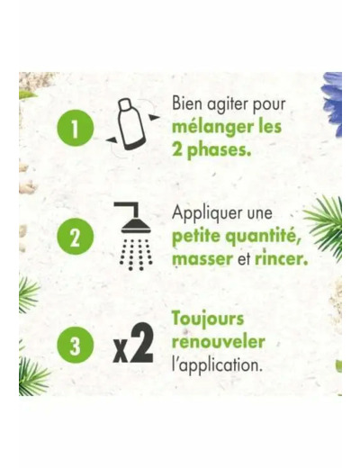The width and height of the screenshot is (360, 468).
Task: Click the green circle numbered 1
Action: (76, 128)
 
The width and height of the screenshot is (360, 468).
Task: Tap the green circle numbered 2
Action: (76, 237)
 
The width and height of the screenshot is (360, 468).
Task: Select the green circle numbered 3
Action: (76, 345)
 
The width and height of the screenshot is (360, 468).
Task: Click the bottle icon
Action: (130, 124)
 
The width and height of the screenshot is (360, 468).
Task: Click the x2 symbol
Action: (133, 344)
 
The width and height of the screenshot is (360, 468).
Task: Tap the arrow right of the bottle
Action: (155, 118)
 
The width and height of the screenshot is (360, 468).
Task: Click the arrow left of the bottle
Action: (112, 139)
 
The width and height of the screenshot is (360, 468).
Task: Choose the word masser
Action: (202, 259)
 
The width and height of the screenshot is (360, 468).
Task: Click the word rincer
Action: (281, 258)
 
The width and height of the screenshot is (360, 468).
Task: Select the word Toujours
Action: (208, 319)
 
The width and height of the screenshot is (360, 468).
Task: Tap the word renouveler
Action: (218, 342)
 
